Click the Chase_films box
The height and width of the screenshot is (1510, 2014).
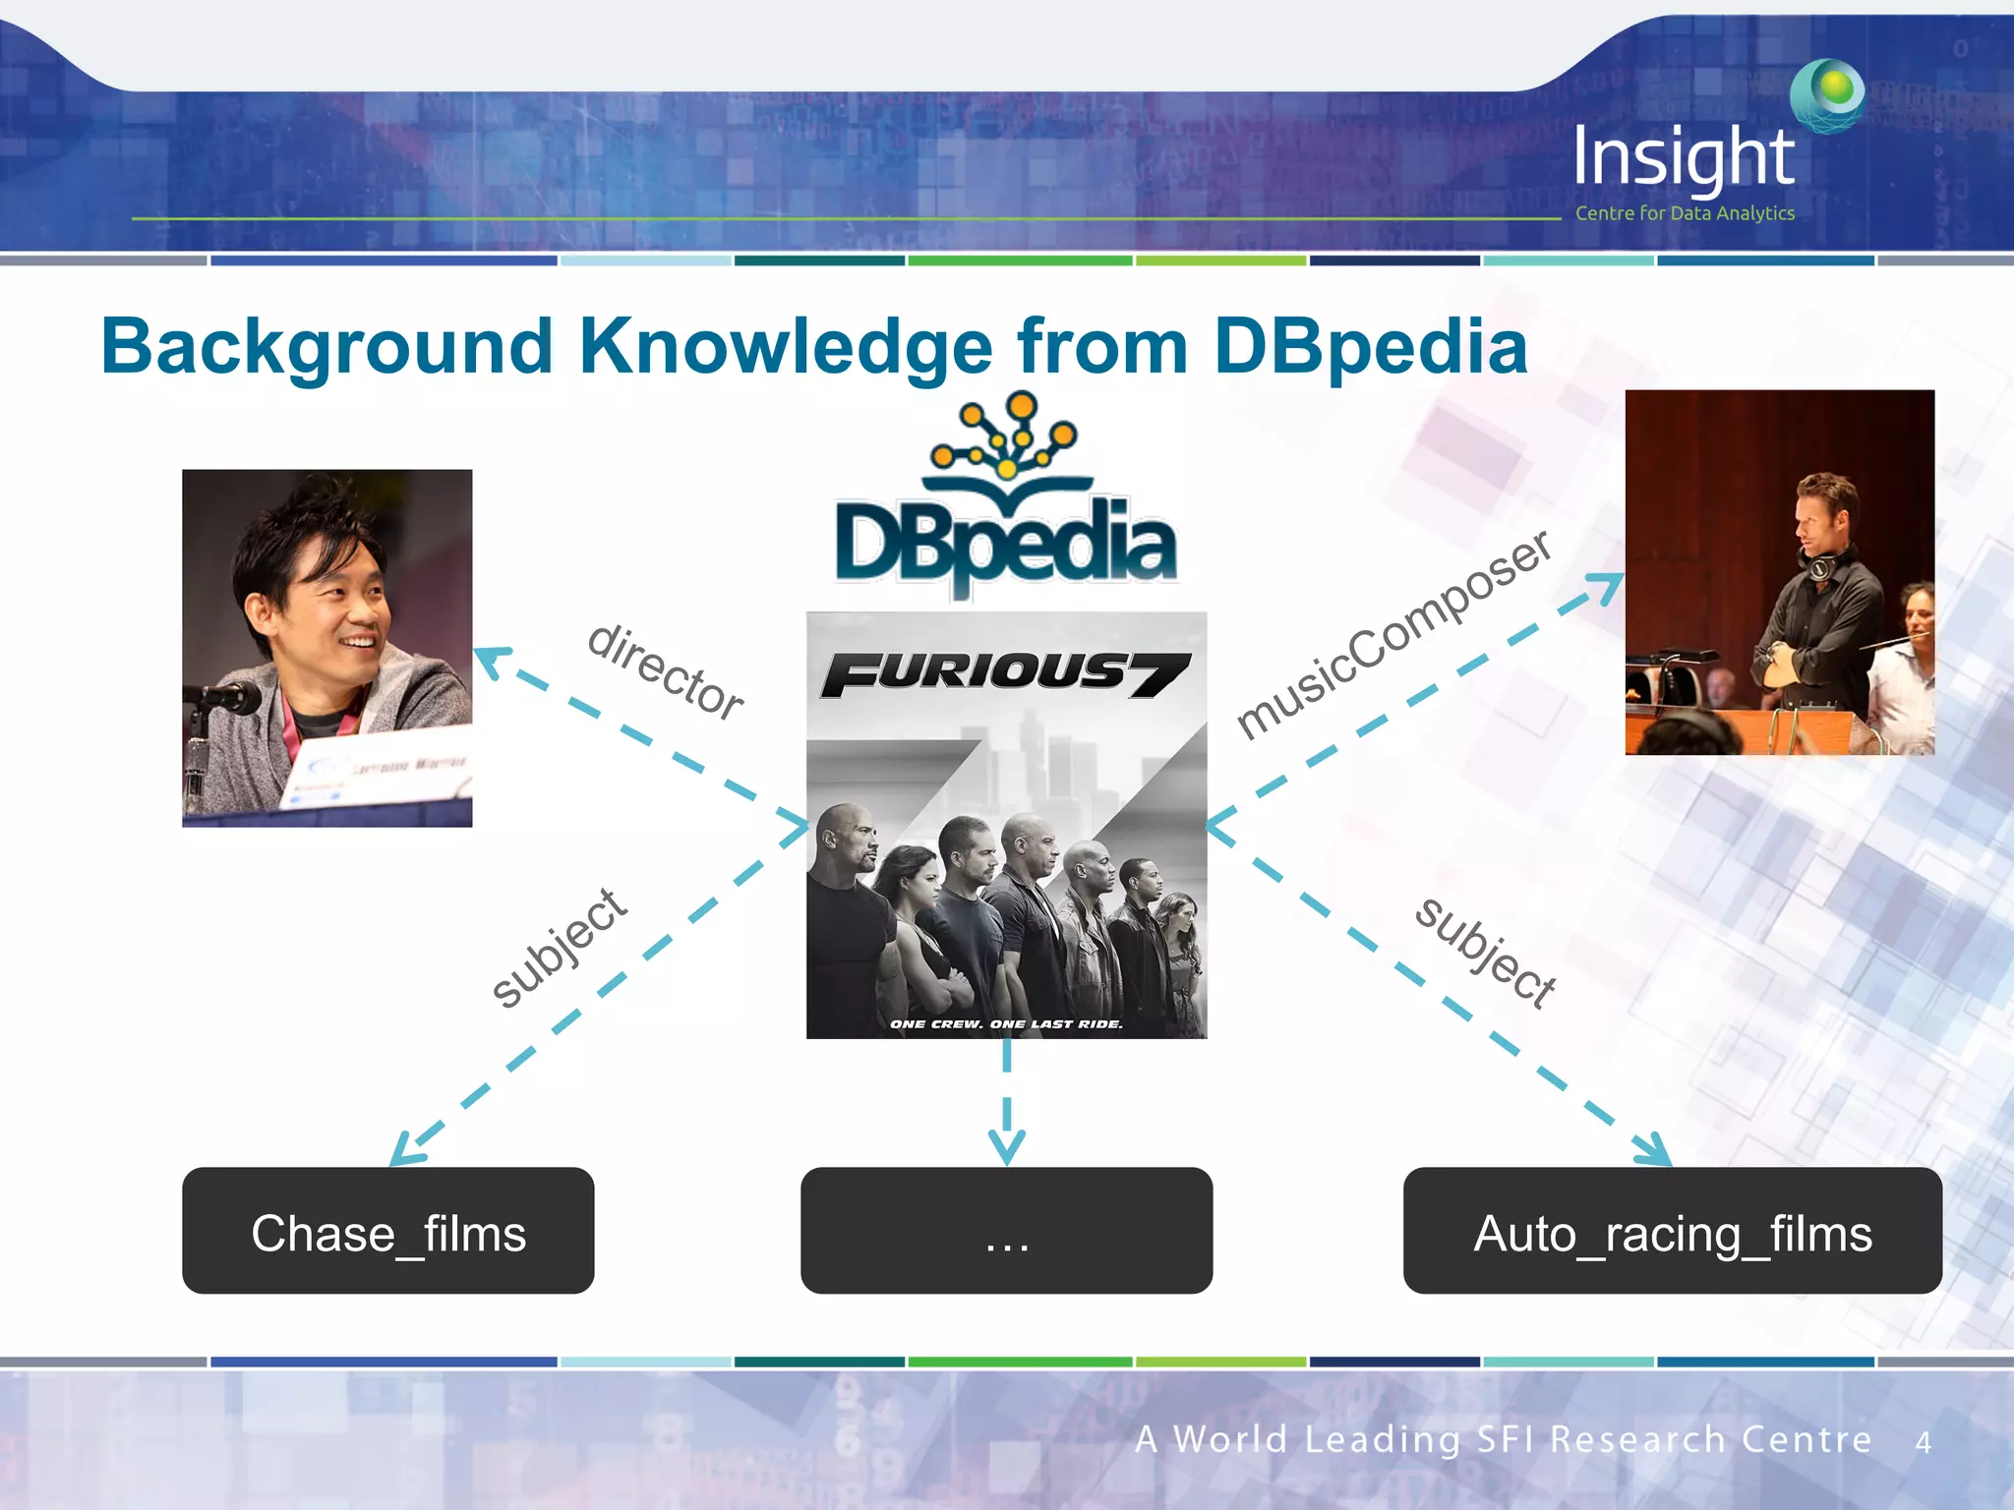(387, 1231)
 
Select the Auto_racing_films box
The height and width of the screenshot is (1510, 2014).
(1672, 1231)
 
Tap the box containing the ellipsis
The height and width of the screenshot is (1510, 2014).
(1006, 1231)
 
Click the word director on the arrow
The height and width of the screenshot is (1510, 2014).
(666, 671)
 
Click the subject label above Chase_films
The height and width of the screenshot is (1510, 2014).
(559, 948)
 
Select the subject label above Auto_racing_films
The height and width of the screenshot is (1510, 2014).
(1486, 952)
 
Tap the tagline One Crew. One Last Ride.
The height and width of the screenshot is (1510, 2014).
(1005, 1023)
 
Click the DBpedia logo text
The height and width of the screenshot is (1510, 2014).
(1005, 544)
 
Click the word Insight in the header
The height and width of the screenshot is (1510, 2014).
(1684, 157)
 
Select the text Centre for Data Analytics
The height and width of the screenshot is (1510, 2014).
(1684, 213)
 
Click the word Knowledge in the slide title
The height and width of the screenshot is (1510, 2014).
(786, 347)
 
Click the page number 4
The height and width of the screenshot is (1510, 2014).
(1923, 1442)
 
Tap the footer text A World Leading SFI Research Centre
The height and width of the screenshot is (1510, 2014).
(1503, 1439)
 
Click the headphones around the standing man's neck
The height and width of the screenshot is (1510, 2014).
(1819, 565)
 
